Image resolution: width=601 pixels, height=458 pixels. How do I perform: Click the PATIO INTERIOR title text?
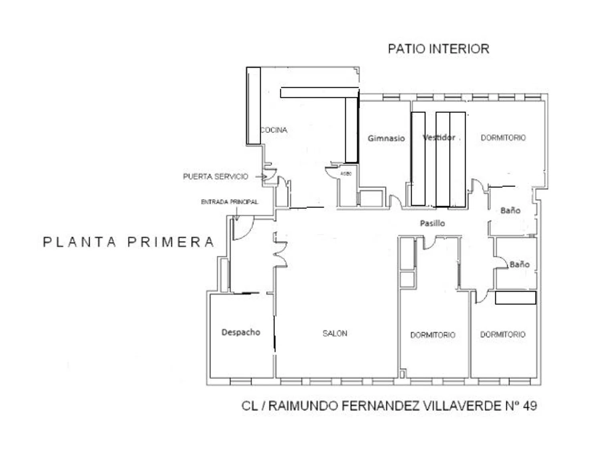pyautogui.click(x=438, y=49)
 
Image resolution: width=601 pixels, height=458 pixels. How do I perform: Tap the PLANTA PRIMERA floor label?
pyautogui.click(x=128, y=242)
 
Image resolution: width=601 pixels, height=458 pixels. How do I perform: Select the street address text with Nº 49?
pyautogui.click(x=389, y=406)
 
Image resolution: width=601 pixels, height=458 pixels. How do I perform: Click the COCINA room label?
pyautogui.click(x=274, y=130)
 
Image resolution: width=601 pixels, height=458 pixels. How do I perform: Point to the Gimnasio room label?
pyautogui.click(x=386, y=139)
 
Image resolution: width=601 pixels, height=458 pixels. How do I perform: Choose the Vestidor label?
pyautogui.click(x=439, y=137)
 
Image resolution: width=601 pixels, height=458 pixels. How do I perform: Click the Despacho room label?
pyautogui.click(x=241, y=332)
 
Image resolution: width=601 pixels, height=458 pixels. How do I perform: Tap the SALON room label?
pyautogui.click(x=335, y=333)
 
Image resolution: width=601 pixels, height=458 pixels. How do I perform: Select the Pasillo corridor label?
pyautogui.click(x=432, y=223)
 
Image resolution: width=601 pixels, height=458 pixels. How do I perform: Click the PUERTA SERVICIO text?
pyautogui.click(x=216, y=177)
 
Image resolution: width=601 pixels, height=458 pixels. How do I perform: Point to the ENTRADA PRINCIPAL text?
pyautogui.click(x=230, y=202)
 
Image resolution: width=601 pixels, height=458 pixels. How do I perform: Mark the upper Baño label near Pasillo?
pyautogui.click(x=510, y=210)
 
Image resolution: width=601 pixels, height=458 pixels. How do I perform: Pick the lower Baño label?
pyautogui.click(x=519, y=264)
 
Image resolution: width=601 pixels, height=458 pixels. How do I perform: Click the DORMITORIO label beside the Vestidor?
pyautogui.click(x=503, y=138)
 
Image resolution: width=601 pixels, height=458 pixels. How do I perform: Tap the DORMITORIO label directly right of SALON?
pyautogui.click(x=433, y=335)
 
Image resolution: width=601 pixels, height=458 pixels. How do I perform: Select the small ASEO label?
pyautogui.click(x=346, y=174)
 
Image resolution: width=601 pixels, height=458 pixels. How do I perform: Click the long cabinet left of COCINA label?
pyautogui.click(x=253, y=106)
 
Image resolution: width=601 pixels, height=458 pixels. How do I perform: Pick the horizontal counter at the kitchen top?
pyautogui.click(x=319, y=93)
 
